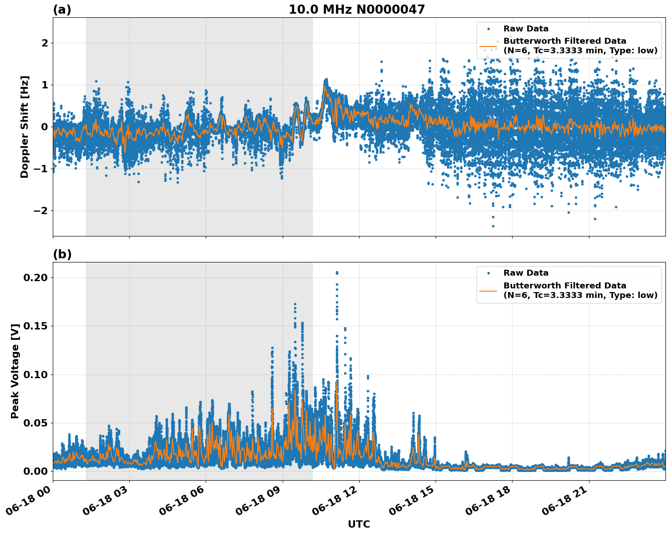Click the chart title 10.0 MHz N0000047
tap(356, 10)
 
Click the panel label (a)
tap(62, 10)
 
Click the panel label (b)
tap(62, 254)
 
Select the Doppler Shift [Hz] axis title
tap(25, 127)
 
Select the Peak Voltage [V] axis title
tap(15, 371)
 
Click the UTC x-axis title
tap(359, 524)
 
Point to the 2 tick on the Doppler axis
tap(45, 43)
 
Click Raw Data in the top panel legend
tap(526, 29)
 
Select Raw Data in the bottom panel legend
tap(526, 273)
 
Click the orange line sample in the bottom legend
tap(488, 290)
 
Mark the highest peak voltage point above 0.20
tap(337, 272)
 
